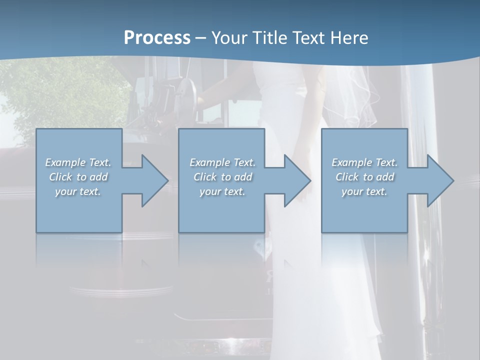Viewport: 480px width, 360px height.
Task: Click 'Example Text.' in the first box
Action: (78, 162)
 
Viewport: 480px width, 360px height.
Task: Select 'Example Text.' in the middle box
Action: (222, 162)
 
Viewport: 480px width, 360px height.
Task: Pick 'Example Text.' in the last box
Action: (364, 162)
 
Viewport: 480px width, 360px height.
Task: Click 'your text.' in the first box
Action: (78, 191)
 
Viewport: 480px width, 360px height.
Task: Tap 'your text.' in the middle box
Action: (222, 191)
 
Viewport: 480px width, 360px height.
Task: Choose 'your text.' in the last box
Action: (364, 191)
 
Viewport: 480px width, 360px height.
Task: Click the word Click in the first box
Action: (60, 177)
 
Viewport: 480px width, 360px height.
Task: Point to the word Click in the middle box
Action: (205, 177)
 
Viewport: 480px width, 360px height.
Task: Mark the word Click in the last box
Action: (347, 177)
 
